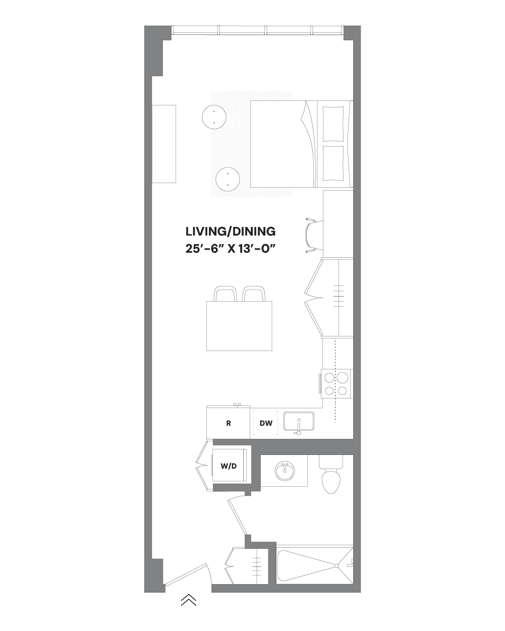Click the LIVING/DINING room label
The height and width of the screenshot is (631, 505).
231,232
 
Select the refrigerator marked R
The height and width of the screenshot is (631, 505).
229,423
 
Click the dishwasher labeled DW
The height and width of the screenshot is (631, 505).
266,423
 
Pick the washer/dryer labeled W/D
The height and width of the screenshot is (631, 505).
229,466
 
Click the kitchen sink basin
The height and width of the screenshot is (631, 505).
298,421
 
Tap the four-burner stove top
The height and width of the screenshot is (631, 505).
336,383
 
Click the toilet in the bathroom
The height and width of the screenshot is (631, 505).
331,479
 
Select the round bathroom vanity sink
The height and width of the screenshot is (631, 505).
285,472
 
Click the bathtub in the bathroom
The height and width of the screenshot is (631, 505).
314,566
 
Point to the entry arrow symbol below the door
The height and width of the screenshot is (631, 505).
188,600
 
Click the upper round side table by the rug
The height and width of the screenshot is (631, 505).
214,117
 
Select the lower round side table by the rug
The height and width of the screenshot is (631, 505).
228,179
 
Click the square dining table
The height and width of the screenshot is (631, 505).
240,326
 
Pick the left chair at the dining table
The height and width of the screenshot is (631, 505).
226,294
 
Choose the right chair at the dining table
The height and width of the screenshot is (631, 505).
253,294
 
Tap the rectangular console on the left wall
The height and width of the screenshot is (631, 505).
164,144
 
